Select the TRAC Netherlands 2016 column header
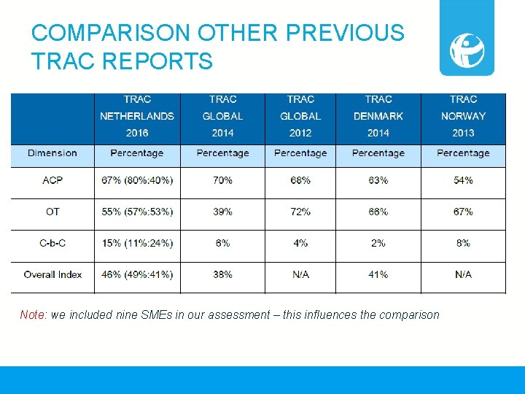click(137, 116)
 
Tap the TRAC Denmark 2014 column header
click(378, 116)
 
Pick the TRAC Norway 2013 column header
click(462, 116)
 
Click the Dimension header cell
click(52, 152)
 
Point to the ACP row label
click(52, 180)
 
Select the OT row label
click(52, 212)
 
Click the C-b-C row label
click(52, 243)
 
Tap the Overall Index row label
click(52, 274)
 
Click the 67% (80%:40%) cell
click(137, 180)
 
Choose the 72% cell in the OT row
click(300, 212)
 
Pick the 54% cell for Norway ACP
click(462, 180)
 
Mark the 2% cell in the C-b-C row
click(378, 243)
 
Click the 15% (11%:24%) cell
click(137, 243)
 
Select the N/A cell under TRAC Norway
click(462, 274)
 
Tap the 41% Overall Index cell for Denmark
click(378, 274)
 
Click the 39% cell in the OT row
click(222, 212)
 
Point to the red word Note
click(32, 315)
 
